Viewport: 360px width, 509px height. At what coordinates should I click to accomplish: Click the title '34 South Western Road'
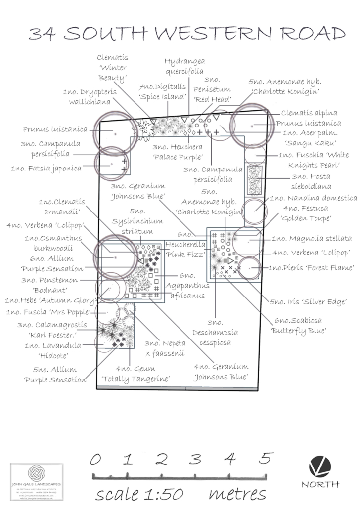coord(186,33)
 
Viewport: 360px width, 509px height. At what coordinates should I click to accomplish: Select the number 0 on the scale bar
coord(96,459)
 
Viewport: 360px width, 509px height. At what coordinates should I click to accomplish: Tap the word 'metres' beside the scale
coord(237,493)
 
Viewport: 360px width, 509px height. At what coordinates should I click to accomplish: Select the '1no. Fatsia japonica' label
coord(46,168)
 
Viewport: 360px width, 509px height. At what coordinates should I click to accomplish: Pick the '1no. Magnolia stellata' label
coord(312,238)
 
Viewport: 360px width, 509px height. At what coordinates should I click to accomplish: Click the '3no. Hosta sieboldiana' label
coord(318,181)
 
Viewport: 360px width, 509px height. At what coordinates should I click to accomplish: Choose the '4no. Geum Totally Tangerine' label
coord(135,373)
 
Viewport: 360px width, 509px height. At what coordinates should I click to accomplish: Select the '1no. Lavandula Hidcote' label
coord(53,350)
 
